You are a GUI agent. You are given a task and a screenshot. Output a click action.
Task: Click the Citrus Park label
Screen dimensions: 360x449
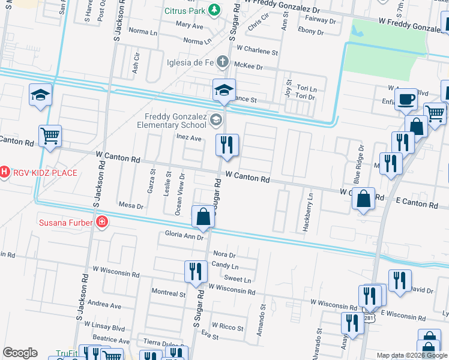184,11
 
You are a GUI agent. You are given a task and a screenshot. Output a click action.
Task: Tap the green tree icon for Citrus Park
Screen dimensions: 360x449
214,11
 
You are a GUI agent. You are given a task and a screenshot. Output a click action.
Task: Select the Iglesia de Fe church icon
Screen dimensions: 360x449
222,61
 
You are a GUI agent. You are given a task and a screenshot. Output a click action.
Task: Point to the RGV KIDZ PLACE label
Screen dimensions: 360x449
44,173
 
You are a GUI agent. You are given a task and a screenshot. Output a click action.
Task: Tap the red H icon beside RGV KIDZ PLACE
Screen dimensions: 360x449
4,173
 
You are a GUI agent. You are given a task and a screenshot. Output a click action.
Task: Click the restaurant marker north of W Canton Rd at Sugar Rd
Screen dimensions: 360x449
228,145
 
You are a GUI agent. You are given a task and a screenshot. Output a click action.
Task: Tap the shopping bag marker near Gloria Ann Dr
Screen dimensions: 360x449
203,217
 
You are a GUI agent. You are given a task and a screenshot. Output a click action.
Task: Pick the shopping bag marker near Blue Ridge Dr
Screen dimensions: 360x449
363,199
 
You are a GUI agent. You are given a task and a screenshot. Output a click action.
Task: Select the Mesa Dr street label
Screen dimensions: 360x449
131,206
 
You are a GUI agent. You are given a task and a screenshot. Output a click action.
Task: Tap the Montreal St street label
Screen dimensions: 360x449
168,293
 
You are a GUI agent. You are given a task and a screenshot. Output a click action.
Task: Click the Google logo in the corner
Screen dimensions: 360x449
20,353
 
